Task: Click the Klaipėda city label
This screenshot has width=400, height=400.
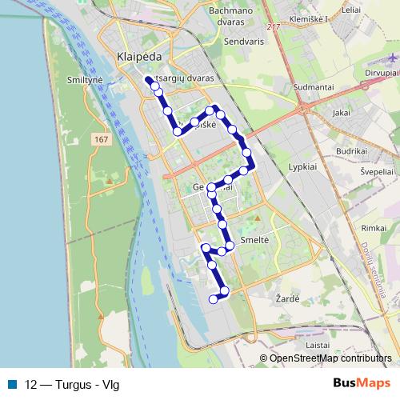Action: pyautogui.click(x=139, y=58)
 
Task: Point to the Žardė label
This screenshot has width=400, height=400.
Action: pyautogui.click(x=289, y=298)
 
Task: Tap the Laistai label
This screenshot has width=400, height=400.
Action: pyautogui.click(x=318, y=344)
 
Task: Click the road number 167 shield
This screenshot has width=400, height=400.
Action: pyautogui.click(x=100, y=140)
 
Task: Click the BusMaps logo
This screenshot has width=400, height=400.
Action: pyautogui.click(x=361, y=383)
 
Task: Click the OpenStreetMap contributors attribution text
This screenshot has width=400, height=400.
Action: pyautogui.click(x=330, y=358)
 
